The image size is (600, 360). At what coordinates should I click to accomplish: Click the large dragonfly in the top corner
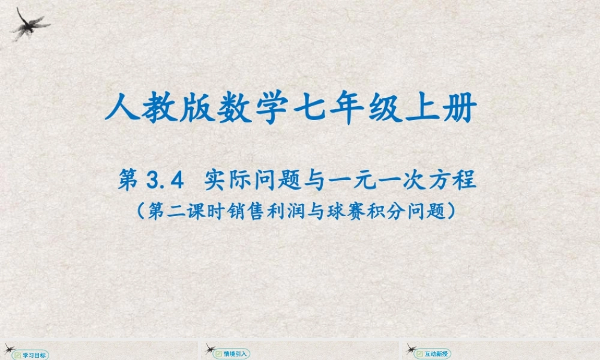pos(29,24)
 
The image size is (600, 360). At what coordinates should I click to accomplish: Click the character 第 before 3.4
pos(130,180)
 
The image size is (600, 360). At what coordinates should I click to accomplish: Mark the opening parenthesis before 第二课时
pos(139,211)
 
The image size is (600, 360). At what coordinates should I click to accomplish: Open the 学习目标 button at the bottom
pos(32,355)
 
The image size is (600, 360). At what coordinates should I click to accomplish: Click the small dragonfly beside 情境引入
pos(211,348)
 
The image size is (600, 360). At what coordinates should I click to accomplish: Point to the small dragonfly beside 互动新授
pos(412,348)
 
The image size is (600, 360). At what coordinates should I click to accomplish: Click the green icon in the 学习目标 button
pos(18,355)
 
